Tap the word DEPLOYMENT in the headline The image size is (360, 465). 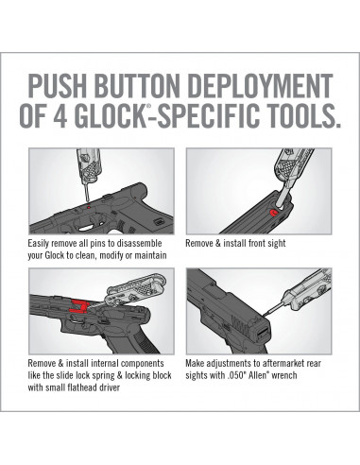pos(262,86)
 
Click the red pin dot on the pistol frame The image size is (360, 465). pos(89,207)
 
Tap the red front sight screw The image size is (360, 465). pos(273,214)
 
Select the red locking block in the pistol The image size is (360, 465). pos(79,307)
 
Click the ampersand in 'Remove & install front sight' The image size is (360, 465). pos(218,243)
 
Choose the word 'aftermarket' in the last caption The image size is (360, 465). pos(278,363)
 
